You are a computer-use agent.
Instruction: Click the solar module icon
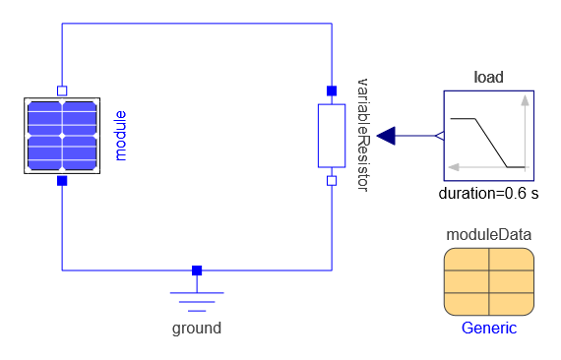(x=62, y=136)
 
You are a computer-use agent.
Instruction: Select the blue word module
(x=121, y=136)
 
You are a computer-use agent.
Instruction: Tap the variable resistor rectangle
(x=332, y=136)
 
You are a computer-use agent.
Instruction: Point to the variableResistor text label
(x=363, y=136)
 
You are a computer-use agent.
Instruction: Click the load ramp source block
(x=489, y=136)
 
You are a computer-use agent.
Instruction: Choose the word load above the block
(x=489, y=78)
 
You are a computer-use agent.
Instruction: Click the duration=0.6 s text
(x=489, y=194)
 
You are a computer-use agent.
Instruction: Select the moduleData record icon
(x=489, y=281)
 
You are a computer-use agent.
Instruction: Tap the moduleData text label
(x=489, y=235)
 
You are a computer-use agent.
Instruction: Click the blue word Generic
(x=489, y=328)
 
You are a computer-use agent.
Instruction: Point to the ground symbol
(x=197, y=297)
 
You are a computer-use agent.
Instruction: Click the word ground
(x=197, y=329)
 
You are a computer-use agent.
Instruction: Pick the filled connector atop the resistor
(x=332, y=91)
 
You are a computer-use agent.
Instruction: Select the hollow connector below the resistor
(x=332, y=181)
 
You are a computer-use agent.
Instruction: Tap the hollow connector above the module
(x=62, y=90)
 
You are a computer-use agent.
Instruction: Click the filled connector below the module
(x=62, y=181)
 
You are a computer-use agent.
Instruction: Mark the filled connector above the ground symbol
(x=197, y=270)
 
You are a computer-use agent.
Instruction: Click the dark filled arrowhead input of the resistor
(x=386, y=136)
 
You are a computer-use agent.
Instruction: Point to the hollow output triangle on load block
(x=440, y=136)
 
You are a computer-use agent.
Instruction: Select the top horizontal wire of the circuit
(x=197, y=24)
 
